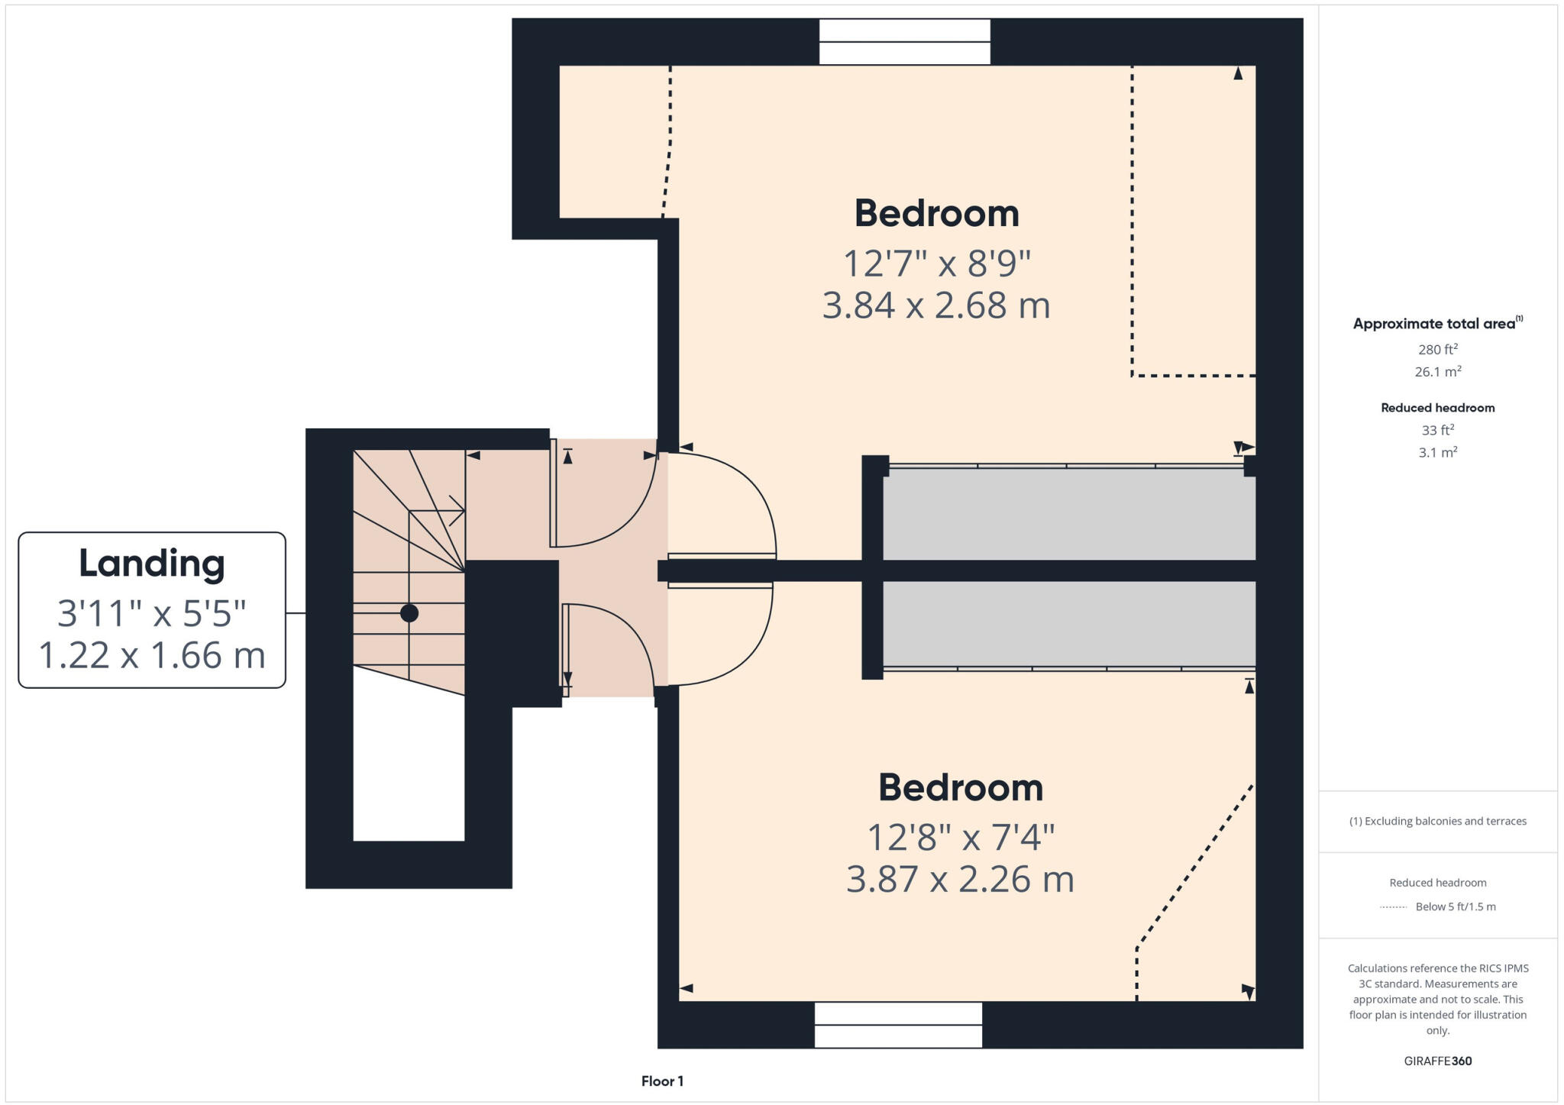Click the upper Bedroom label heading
pos(936,213)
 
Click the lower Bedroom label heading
pos(960,787)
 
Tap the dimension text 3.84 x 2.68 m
pos(936,305)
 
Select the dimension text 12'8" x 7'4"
pos(960,838)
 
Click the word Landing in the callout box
pos(152,564)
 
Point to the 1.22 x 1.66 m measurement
pos(152,655)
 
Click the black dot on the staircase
pos(409,612)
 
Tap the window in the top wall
pos(904,42)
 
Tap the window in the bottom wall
pos(898,1025)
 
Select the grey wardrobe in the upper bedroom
pos(1068,513)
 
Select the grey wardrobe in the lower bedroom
pos(1068,624)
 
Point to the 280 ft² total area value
pos(1437,350)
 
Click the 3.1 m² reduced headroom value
pos(1437,452)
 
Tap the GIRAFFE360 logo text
pos(1437,1061)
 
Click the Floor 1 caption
pos(662,1081)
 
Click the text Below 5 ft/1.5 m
pos(1455,906)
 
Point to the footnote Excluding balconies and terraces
pos(1437,821)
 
